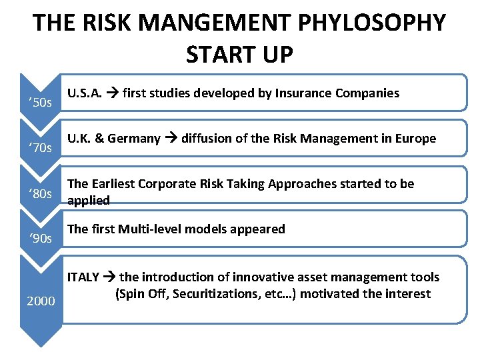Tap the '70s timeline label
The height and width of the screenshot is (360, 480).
(41, 147)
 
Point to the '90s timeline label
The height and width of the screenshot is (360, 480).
(41, 238)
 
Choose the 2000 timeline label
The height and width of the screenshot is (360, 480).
(41, 301)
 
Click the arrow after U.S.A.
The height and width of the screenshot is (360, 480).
(113, 94)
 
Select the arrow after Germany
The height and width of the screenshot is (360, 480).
(171, 139)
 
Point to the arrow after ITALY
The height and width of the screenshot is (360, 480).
(109, 277)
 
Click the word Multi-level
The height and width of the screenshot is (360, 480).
(147, 229)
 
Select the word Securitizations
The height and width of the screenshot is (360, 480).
(218, 294)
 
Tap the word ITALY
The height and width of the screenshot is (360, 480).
(83, 277)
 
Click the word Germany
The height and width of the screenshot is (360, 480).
(133, 139)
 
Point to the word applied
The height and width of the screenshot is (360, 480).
(89, 201)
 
